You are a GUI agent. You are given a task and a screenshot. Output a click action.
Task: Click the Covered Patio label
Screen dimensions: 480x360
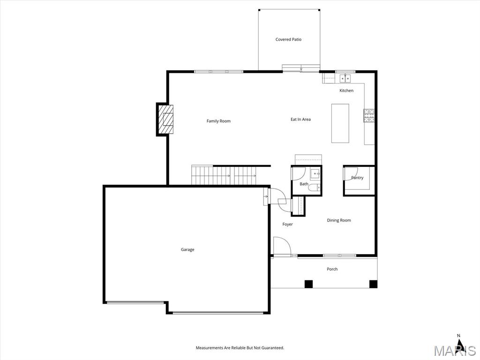[x=288, y=39]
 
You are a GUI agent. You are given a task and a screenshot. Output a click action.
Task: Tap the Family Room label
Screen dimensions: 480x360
[x=218, y=121]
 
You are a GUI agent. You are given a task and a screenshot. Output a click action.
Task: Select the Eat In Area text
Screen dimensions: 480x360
[x=300, y=120]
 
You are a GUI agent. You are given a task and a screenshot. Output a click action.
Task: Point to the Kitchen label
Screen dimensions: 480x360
[x=346, y=90]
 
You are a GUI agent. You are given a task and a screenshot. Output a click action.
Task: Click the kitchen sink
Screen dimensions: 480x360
[x=345, y=78]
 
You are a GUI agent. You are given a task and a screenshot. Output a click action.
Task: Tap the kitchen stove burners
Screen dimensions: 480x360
[x=369, y=115]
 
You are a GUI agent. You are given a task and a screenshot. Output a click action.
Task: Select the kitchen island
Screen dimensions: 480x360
[x=340, y=123]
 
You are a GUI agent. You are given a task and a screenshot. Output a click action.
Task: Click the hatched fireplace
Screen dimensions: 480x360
[x=165, y=120]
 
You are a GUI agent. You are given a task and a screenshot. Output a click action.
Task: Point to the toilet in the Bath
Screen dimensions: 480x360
[x=314, y=187]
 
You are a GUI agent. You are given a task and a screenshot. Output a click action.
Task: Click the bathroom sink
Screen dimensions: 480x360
[x=315, y=174]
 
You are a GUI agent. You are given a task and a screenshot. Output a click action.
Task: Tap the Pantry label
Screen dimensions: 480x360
[x=357, y=178]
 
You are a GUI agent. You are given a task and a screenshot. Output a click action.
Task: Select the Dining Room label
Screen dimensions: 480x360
[x=339, y=220]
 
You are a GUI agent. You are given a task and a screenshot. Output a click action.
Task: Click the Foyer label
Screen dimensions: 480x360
[x=287, y=225]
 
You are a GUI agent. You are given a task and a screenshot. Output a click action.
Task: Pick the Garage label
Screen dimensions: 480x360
[x=187, y=250]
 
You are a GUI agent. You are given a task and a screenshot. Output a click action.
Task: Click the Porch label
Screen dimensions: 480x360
[x=332, y=269]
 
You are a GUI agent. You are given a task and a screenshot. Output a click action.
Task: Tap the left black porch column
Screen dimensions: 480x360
[x=308, y=285]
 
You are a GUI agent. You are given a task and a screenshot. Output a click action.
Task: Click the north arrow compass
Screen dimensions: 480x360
[x=458, y=342]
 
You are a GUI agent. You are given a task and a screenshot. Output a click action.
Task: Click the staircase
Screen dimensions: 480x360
[x=224, y=175]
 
